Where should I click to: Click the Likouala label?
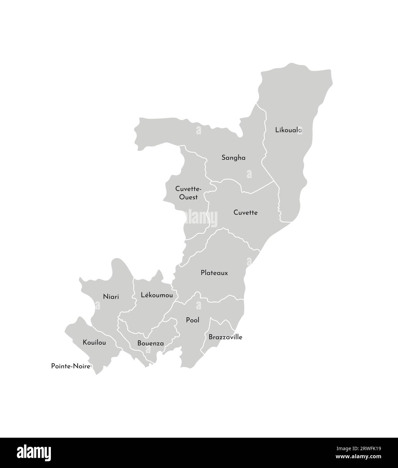[x=288, y=130]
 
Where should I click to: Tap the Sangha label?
[x=233, y=158]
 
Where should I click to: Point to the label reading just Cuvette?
[x=245, y=213]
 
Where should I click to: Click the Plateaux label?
[x=214, y=273]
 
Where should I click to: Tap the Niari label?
[x=111, y=297]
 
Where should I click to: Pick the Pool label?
[x=192, y=320]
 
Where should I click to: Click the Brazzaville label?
[x=225, y=337]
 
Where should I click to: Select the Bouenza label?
[x=150, y=343]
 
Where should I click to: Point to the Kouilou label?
[x=94, y=342]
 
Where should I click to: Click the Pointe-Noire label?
[x=70, y=366]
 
